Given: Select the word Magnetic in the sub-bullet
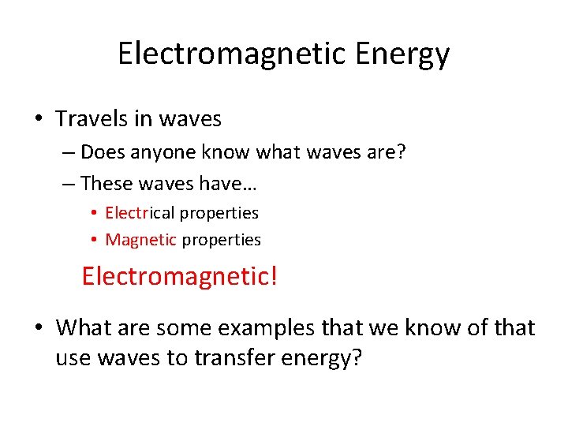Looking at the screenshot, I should pyautogui.click(x=140, y=239).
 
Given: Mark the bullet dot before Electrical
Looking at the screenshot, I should pyautogui.click(x=94, y=214).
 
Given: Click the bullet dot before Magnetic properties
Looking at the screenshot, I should pyautogui.click(x=94, y=240).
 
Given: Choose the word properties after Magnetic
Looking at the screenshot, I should pyautogui.click(x=221, y=240).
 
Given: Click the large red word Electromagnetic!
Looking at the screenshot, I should pyautogui.click(x=179, y=277).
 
